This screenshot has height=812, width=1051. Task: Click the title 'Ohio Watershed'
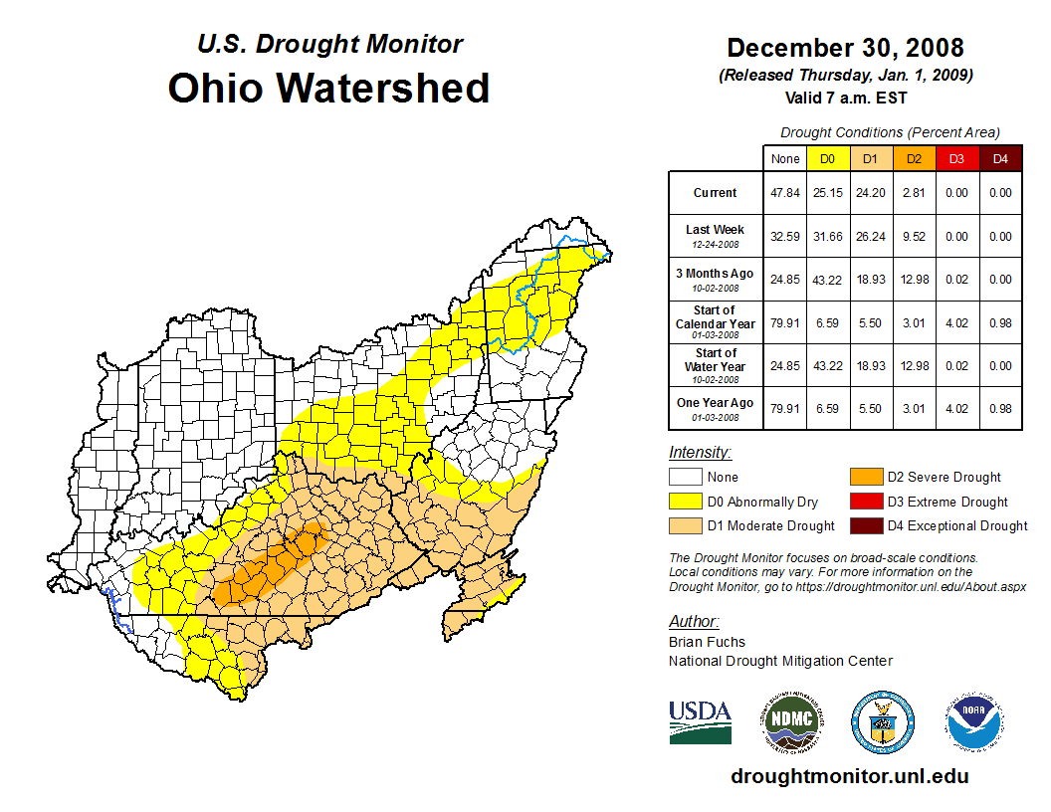click(x=328, y=88)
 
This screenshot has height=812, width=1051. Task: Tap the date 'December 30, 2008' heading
click(x=845, y=48)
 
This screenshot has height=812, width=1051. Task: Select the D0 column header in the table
click(x=827, y=158)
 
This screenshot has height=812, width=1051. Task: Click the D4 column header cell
click(x=1000, y=158)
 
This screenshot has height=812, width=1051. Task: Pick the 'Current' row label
click(x=716, y=193)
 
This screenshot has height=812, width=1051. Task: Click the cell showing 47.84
click(x=785, y=193)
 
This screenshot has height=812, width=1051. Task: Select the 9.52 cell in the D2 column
click(x=914, y=237)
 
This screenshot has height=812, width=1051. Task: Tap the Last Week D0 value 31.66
click(x=827, y=237)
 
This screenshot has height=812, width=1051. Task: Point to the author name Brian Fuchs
click(x=707, y=642)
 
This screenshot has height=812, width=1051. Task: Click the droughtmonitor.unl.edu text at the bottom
click(x=849, y=776)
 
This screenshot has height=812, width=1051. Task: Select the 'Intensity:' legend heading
click(x=700, y=453)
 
